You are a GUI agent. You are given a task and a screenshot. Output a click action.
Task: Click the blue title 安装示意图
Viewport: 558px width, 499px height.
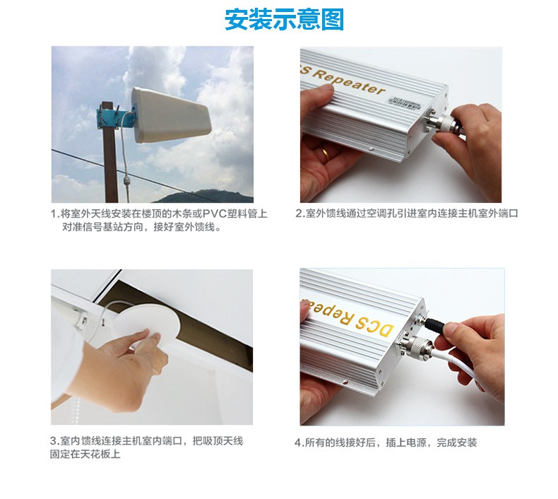click(284, 20)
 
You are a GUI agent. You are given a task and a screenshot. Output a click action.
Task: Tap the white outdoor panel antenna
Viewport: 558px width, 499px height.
click(170, 115)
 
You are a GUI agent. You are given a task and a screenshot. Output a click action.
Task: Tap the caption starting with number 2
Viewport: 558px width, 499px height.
click(406, 213)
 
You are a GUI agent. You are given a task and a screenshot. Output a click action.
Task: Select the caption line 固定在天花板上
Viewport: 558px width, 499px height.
click(85, 454)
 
